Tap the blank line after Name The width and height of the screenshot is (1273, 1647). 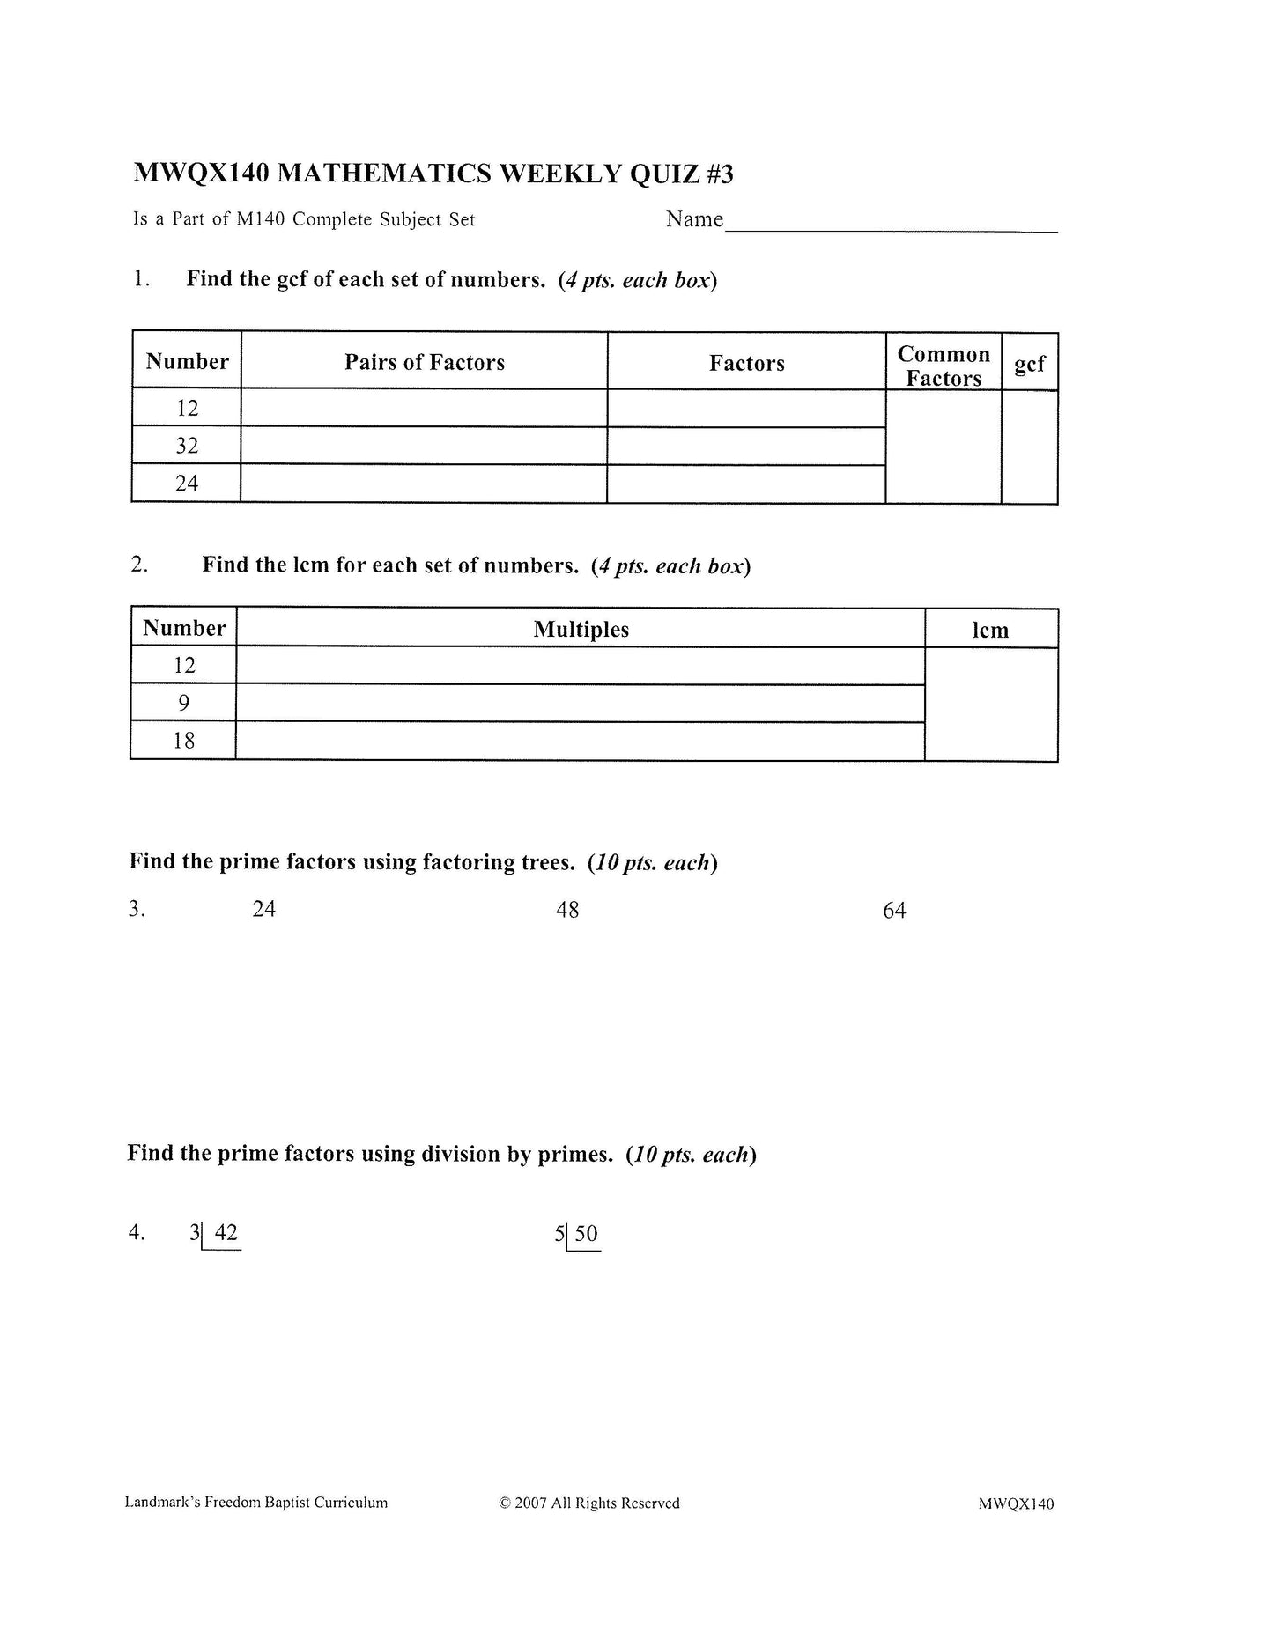890,222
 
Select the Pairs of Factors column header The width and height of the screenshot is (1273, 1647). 424,362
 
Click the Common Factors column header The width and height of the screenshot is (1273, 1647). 943,366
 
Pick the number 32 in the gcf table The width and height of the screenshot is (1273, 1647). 187,446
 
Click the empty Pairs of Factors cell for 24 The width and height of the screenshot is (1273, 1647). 424,484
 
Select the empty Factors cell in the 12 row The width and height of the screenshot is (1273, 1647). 746,409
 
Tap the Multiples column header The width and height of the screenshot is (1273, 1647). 581,630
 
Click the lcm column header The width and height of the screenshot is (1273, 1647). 990,631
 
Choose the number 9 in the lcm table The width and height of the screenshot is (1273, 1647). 184,703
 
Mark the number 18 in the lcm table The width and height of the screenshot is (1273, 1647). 184,741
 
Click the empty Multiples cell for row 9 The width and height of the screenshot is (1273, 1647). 581,703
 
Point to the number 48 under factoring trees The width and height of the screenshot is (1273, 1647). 567,910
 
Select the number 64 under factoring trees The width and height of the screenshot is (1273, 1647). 894,911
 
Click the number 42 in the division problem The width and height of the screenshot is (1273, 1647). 226,1233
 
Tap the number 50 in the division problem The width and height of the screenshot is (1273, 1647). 587,1234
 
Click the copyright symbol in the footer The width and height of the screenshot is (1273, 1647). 505,1503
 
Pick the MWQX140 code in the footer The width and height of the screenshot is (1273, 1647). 1015,1504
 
